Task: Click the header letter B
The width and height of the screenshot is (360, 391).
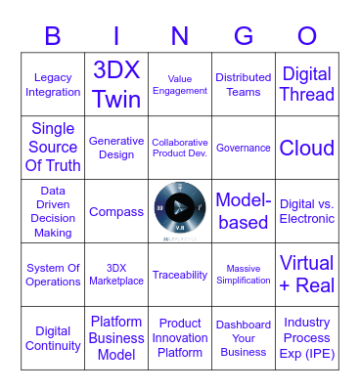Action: pyautogui.click(x=53, y=36)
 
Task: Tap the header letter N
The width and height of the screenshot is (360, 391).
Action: pyautogui.click(x=180, y=36)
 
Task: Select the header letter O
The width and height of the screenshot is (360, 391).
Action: pyautogui.click(x=306, y=36)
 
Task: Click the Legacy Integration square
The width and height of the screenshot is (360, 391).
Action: pyautogui.click(x=53, y=85)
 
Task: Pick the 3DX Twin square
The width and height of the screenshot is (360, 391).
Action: pyautogui.click(x=116, y=85)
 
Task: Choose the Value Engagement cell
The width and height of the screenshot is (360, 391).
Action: pyautogui.click(x=180, y=85)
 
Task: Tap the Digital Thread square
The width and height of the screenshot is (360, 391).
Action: pyautogui.click(x=306, y=85)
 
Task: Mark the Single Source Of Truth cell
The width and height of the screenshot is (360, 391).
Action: pyautogui.click(x=53, y=148)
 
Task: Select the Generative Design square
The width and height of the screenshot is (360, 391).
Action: pyautogui.click(x=116, y=148)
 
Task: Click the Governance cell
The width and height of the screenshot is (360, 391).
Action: pyautogui.click(x=244, y=148)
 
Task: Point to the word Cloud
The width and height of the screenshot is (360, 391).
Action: pyautogui.click(x=306, y=148)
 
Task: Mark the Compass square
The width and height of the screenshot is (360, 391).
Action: pyautogui.click(x=116, y=211)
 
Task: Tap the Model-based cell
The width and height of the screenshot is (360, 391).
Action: pyautogui.click(x=244, y=211)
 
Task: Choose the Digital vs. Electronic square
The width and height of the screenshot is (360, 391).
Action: pyautogui.click(x=306, y=211)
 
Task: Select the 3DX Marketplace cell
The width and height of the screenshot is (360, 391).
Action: pyautogui.click(x=116, y=275)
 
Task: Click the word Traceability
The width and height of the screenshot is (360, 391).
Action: pyautogui.click(x=180, y=276)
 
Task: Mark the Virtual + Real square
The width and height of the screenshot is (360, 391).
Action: pyautogui.click(x=306, y=275)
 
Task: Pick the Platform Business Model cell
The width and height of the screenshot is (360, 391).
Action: pyautogui.click(x=116, y=337)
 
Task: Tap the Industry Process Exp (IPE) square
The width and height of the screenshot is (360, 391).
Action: pyautogui.click(x=306, y=337)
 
